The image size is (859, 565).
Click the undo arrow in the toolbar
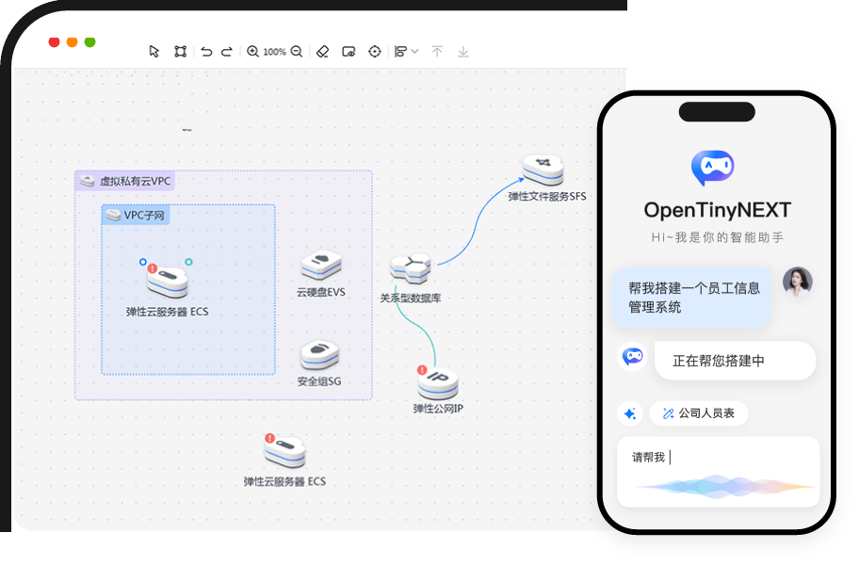tap(206, 52)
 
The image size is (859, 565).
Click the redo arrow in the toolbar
tap(226, 52)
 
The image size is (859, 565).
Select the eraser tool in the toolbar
tap(322, 52)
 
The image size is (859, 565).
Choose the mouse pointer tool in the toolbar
tap(154, 52)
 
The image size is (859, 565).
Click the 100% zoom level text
tap(274, 52)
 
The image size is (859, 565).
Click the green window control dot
tap(89, 42)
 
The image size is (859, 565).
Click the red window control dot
tap(54, 42)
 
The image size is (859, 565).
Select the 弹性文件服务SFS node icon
tap(543, 170)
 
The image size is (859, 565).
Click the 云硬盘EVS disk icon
tap(320, 266)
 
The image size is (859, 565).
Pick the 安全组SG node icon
tap(319, 355)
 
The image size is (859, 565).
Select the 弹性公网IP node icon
tap(438, 381)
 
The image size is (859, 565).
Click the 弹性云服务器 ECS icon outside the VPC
tap(285, 453)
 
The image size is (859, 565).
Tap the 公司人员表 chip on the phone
tap(698, 413)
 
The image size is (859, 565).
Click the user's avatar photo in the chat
tap(797, 282)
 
